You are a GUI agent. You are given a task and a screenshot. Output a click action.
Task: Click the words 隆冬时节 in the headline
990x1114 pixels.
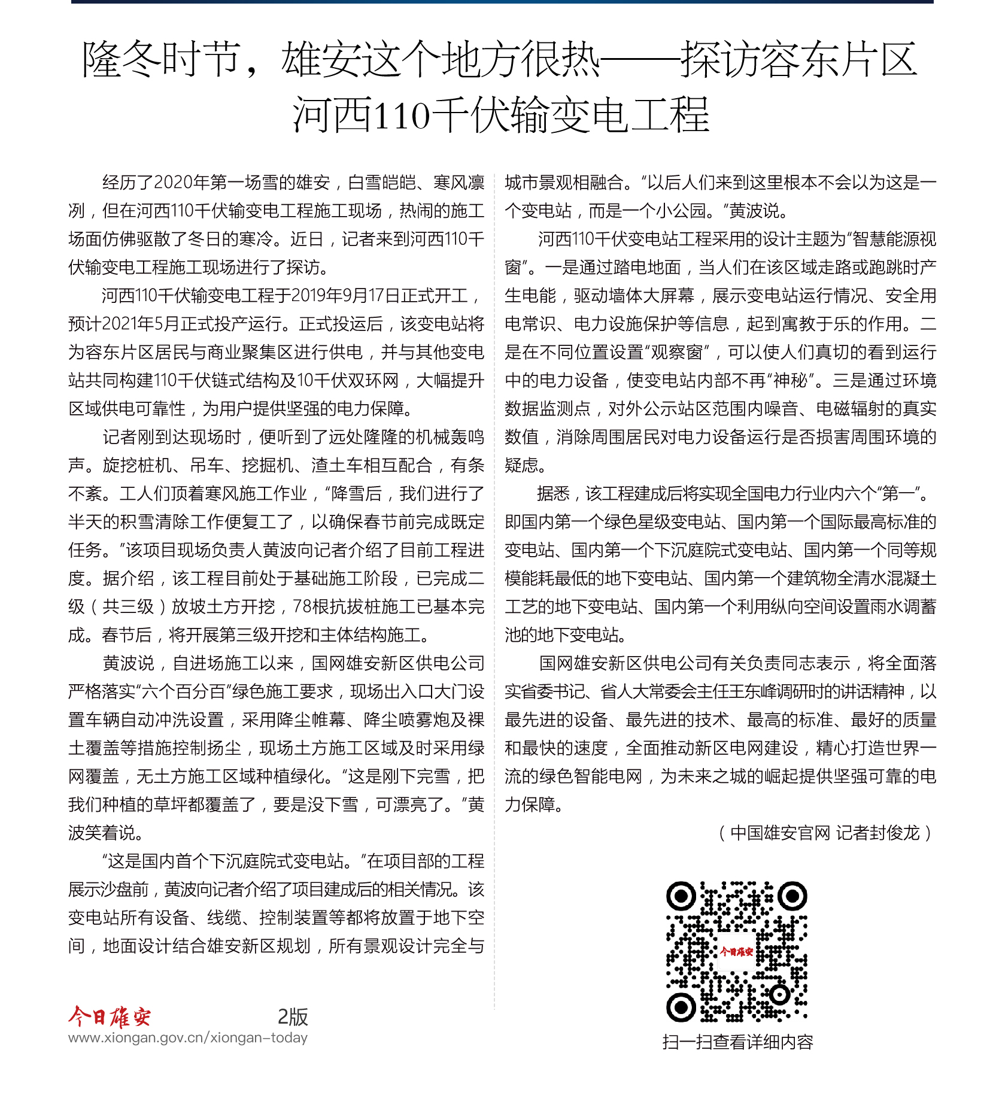point(160,60)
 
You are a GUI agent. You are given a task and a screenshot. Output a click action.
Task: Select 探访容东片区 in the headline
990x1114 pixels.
point(798,60)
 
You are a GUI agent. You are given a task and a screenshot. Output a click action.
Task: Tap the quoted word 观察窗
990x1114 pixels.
point(676,353)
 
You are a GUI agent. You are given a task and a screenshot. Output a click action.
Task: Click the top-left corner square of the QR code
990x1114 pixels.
point(681,896)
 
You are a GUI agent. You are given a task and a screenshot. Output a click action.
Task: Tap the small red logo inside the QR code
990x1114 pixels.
point(736,951)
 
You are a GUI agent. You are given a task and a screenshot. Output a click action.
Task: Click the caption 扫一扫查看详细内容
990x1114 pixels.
point(737,1042)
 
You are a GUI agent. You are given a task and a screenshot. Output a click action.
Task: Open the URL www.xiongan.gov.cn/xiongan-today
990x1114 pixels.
point(188,1037)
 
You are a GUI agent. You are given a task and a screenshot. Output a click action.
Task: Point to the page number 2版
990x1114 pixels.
point(292,1016)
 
